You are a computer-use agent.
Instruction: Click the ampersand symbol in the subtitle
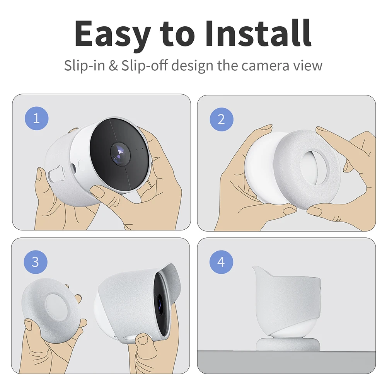pos(113,65)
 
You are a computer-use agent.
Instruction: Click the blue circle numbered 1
pos(36,118)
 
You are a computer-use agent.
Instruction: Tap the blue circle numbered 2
pos(221,119)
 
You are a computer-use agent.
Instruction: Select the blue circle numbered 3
pos(36,262)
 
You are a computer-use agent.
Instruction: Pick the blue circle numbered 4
pos(221,262)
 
